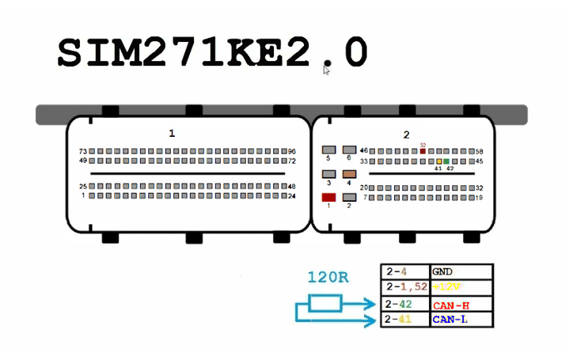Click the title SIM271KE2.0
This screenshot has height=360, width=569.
click(212, 53)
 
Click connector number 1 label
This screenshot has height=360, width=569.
click(172, 133)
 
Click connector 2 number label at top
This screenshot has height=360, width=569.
click(406, 135)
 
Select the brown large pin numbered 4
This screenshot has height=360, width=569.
click(348, 173)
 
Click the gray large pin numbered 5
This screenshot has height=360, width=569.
click(328, 150)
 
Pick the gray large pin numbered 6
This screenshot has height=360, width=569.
click(348, 150)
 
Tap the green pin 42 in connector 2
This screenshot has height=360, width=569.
click(446, 161)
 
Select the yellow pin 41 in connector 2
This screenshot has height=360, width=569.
click(438, 161)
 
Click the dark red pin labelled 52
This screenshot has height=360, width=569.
click(423, 151)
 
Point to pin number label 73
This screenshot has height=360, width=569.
click(82, 151)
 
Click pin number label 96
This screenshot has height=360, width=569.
click(291, 151)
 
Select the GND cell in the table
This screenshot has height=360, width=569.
click(461, 271)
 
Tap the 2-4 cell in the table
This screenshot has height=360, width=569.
click(404, 271)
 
